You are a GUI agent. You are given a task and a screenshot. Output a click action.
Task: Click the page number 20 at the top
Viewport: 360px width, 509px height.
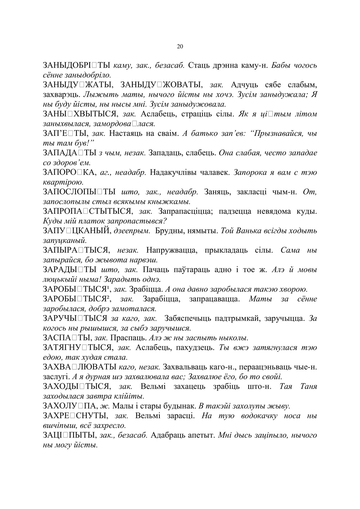180,47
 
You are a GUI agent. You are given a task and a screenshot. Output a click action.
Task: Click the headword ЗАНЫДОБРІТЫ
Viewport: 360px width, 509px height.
76,65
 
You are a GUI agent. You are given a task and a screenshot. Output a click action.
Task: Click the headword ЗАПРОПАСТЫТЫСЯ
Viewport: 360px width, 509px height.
88,212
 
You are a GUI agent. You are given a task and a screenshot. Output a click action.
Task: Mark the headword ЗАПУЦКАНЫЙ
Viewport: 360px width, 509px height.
77,231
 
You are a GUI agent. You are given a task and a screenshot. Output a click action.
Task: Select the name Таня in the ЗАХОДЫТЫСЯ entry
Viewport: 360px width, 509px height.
309,386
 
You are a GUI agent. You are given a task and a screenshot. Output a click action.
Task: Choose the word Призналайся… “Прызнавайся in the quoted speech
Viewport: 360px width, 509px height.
276,134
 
